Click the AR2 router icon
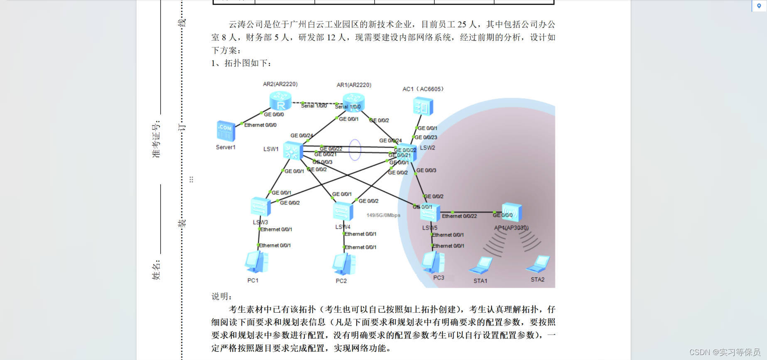280,100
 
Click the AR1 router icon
354,102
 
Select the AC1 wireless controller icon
423,106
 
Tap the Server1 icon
226,131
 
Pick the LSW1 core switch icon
293,150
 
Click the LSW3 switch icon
260,207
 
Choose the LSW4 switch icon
343,211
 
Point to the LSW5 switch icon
430,213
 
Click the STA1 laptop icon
481,266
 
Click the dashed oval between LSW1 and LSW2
355,149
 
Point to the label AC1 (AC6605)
423,89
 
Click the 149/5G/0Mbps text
383,215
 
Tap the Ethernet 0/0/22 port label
459,216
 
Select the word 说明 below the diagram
221,296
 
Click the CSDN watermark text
724,352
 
